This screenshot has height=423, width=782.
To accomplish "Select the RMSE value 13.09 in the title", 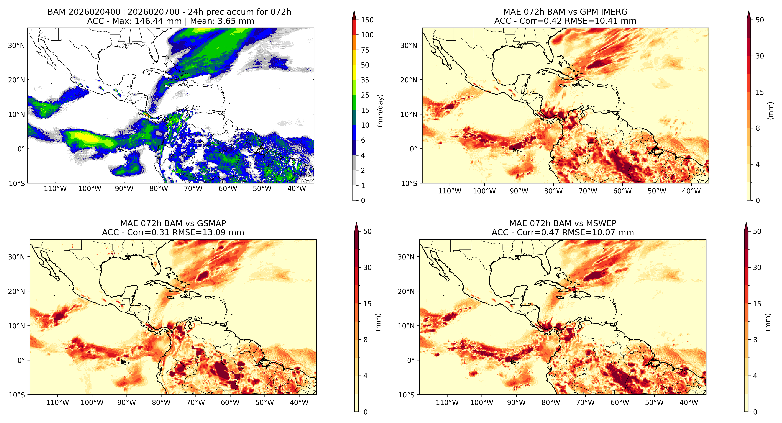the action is (x=212, y=233).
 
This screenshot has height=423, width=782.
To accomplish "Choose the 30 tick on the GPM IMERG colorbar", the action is (x=759, y=56).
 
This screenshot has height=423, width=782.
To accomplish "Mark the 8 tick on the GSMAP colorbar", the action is (x=366, y=340).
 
